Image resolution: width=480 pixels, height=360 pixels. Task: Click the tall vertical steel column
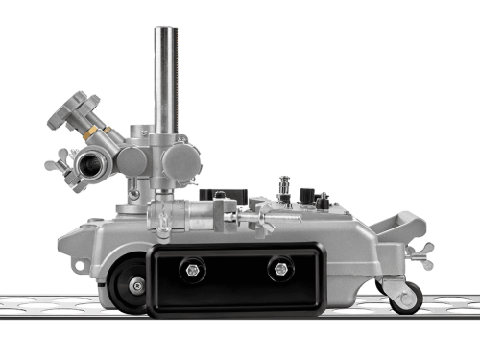click(166, 77)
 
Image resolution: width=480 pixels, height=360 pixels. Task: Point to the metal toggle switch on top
click(283, 185)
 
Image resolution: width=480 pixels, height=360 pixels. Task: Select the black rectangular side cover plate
click(236, 277)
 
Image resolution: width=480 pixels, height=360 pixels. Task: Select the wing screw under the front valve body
click(163, 229)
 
